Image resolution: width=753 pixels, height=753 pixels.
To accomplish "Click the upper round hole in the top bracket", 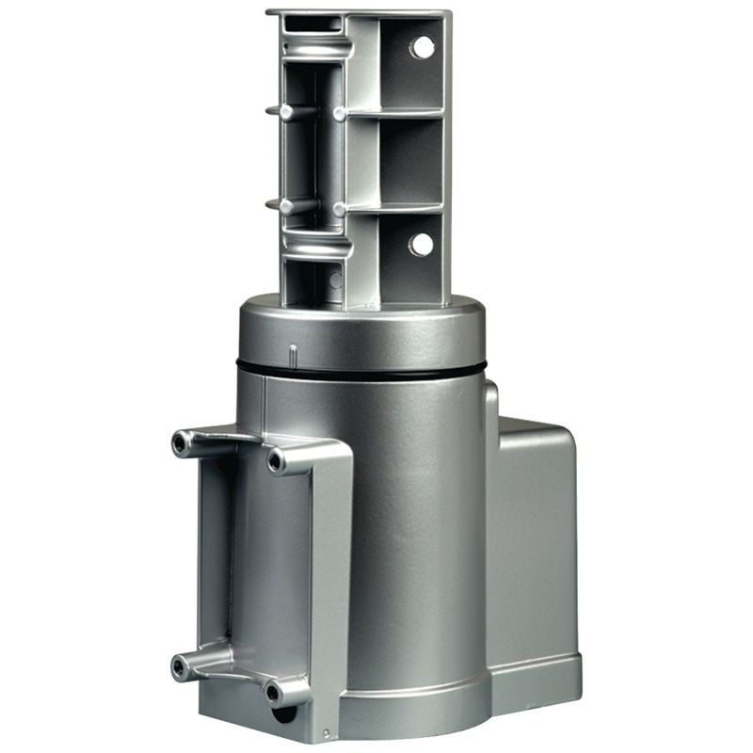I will point(423,46).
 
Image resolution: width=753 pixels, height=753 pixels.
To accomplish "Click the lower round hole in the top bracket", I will point(421,244).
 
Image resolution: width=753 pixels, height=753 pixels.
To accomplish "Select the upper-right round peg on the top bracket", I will point(338,114).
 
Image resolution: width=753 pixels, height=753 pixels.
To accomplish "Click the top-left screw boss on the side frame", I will point(181,441).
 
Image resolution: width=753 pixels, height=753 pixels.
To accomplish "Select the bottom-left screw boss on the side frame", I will point(179,667).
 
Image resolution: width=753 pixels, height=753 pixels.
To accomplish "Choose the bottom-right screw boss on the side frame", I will point(274,694).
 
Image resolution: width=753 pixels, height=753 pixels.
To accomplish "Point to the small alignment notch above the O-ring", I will point(293,356).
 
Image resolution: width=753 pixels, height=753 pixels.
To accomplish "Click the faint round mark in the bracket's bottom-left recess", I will point(333,279).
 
